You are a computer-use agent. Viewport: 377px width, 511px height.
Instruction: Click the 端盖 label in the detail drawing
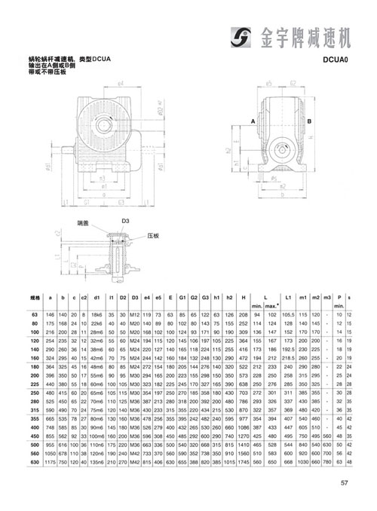[83, 224]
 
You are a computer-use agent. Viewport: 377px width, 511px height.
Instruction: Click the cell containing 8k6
[97, 314]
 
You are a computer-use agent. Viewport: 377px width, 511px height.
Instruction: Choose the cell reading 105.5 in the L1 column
[289, 314]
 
